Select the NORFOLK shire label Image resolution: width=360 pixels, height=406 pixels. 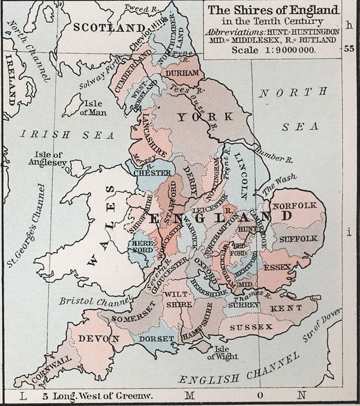[294, 206]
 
